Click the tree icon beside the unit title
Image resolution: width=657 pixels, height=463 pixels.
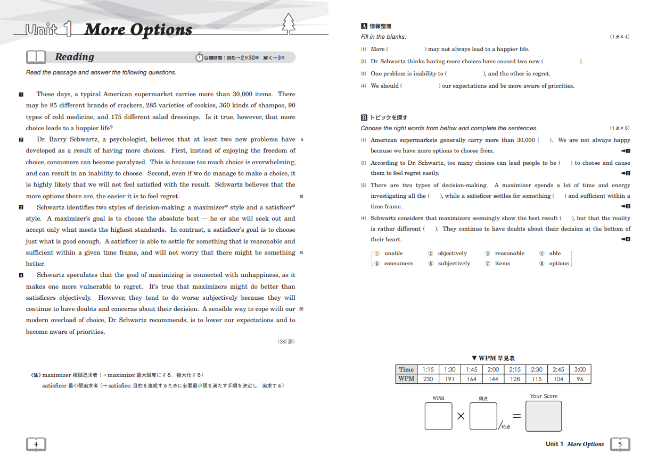289,23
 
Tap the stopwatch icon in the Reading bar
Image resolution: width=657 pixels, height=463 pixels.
199,57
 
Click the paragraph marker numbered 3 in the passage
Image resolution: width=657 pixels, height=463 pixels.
21,207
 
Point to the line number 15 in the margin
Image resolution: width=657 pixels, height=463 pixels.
301,252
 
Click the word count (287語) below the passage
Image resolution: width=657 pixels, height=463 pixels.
286,341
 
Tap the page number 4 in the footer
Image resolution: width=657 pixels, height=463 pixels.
36,444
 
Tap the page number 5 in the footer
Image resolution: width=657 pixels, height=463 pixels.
620,444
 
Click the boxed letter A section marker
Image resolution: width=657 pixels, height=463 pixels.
364,26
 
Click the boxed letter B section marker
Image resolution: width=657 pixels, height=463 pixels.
364,117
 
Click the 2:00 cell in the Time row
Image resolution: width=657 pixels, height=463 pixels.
493,369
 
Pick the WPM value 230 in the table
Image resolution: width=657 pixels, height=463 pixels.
428,379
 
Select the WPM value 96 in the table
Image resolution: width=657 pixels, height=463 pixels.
580,379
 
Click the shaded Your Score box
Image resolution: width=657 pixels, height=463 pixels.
543,416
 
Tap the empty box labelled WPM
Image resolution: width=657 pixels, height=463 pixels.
438,416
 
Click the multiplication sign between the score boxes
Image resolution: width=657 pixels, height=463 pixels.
461,416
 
